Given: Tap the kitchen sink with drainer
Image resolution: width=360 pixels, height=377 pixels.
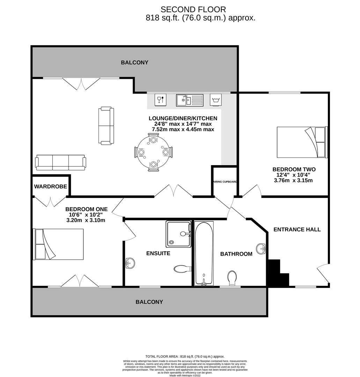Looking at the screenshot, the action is click(x=190, y=100).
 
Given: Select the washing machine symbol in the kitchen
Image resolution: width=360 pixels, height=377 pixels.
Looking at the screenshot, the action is click(x=216, y=99).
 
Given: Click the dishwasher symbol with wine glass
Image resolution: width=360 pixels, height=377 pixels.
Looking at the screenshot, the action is click(x=160, y=99).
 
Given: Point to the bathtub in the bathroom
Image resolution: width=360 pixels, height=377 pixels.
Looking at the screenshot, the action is click(x=204, y=253).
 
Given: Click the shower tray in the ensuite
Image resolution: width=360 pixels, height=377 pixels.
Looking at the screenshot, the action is click(x=178, y=234).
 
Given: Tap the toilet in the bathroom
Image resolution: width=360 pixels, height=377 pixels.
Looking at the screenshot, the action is click(x=232, y=279).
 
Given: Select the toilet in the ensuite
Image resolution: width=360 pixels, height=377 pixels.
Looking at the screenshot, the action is click(x=183, y=269).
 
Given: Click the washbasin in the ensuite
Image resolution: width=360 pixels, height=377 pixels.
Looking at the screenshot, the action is click(x=130, y=263).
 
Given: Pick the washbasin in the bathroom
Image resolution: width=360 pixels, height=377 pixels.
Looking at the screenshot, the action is click(x=261, y=249).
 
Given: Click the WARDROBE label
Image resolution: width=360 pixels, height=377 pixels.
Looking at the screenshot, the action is click(x=51, y=186).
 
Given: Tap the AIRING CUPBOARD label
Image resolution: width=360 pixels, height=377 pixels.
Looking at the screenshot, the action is click(x=225, y=182).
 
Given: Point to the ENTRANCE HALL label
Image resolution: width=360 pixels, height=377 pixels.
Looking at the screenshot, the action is click(x=297, y=229).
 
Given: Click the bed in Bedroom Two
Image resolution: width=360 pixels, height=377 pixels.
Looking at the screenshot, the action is click(x=302, y=142).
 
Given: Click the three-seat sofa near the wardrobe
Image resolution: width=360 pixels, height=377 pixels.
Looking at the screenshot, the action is click(x=60, y=163).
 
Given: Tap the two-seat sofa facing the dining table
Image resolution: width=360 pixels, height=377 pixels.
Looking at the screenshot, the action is click(x=106, y=126).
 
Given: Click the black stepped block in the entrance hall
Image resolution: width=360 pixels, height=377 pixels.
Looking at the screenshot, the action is click(x=279, y=273).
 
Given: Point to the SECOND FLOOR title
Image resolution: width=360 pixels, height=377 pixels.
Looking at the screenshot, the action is click(x=193, y=9).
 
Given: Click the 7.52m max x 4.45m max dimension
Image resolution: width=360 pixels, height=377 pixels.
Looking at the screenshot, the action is click(x=183, y=130).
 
